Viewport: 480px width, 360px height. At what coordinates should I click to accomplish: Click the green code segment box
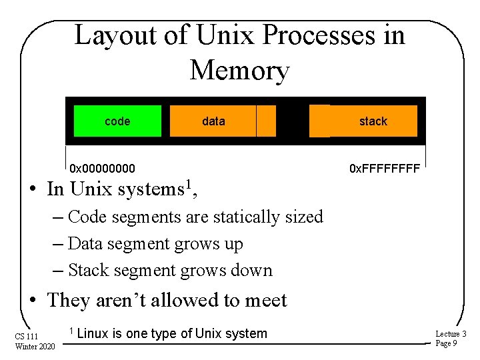click(117, 121)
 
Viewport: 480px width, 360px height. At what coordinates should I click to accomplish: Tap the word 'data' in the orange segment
click(213, 121)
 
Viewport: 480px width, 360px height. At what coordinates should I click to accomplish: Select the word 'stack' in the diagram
click(373, 121)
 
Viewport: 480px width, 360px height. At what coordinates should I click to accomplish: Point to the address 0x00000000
click(102, 168)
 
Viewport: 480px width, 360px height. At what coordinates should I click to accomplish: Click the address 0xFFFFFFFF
click(385, 168)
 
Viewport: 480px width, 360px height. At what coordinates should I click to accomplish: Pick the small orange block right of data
click(267, 121)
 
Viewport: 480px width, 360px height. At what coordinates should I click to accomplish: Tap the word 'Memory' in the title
click(239, 70)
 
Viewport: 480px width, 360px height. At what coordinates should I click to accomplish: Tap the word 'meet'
click(264, 300)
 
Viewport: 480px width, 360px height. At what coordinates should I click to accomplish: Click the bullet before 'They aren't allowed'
click(33, 301)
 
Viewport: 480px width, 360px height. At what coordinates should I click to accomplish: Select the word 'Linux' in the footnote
click(94, 333)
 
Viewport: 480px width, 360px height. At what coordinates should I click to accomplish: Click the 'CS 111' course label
click(27, 335)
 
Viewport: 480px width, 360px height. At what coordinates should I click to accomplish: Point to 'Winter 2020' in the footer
click(35, 345)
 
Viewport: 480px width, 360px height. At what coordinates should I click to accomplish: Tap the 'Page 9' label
click(446, 343)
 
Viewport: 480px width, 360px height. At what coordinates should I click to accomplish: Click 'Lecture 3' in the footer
click(451, 333)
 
